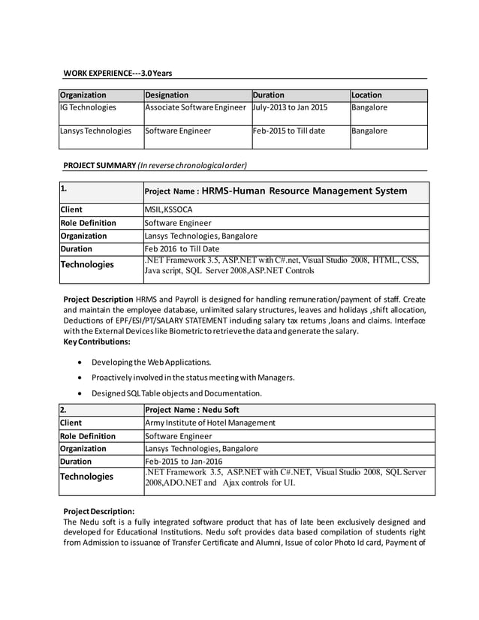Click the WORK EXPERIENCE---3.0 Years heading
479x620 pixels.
coord(117,73)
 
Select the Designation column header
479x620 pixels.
coord(166,95)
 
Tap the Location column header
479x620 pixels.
coord(367,95)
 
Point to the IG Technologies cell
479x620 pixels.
coord(88,108)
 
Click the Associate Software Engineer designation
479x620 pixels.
coord(195,108)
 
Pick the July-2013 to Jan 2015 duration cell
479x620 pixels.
coord(291,108)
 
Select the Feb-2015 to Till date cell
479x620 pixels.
coord(289,131)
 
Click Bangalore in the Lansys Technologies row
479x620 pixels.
coord(369,131)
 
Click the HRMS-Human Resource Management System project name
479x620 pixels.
coord(304,191)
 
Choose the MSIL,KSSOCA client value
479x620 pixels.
coord(168,209)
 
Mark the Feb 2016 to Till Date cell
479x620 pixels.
coord(181,248)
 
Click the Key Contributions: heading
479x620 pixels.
coord(97,342)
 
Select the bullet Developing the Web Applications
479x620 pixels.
coord(151,363)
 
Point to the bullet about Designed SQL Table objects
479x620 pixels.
coord(176,393)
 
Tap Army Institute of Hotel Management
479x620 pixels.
coord(209,423)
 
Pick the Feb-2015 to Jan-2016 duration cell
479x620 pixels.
coord(183,462)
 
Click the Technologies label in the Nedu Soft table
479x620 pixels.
coord(87,477)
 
